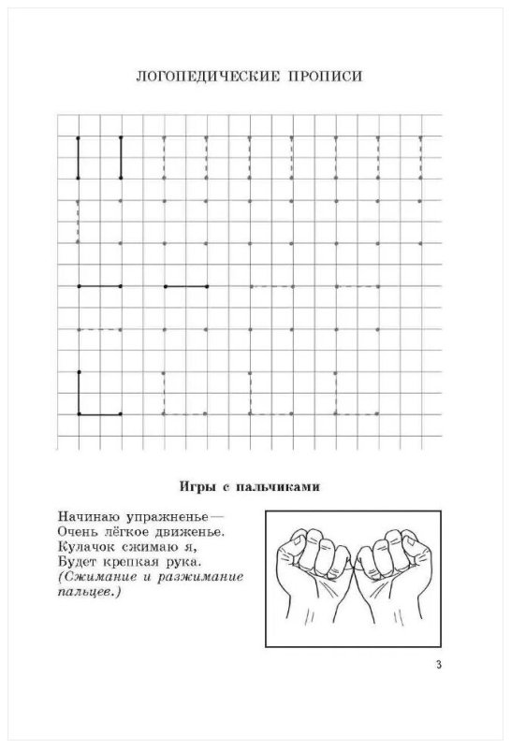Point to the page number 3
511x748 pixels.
[439, 665]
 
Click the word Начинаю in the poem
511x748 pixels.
[81, 515]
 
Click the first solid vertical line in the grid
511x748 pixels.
[79, 157]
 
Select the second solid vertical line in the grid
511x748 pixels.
[121, 157]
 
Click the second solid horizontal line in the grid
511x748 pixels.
[185, 286]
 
